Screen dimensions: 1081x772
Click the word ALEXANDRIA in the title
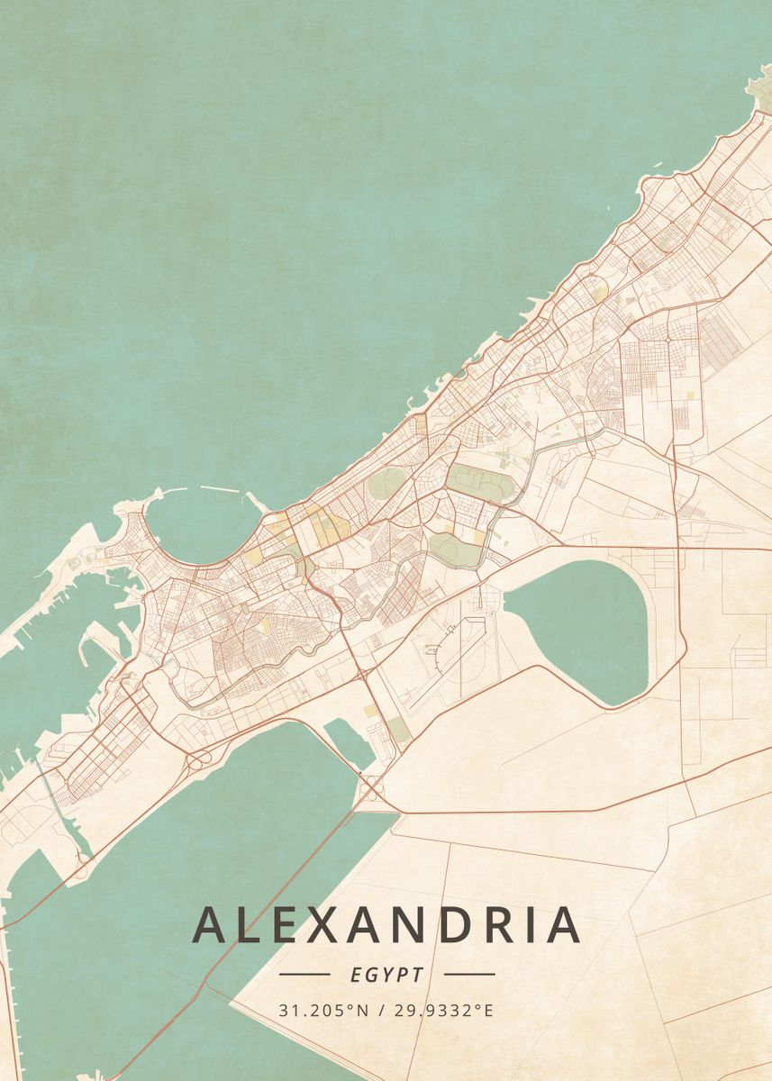pyautogui.click(x=386, y=924)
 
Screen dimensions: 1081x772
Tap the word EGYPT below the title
pyautogui.click(x=386, y=975)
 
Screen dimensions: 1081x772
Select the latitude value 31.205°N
pyautogui.click(x=324, y=1010)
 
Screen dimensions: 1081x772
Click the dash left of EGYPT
pyautogui.click(x=304, y=974)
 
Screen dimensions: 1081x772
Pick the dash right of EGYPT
pyautogui.click(x=469, y=974)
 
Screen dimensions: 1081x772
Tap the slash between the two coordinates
pyautogui.click(x=382, y=1010)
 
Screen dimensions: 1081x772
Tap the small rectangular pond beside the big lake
pyautogui.click(x=347, y=744)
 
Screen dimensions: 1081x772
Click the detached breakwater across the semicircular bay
pyautogui.click(x=220, y=490)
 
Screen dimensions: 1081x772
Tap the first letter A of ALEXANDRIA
pyautogui.click(x=209, y=924)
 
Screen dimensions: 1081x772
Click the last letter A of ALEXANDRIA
pyautogui.click(x=562, y=924)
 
